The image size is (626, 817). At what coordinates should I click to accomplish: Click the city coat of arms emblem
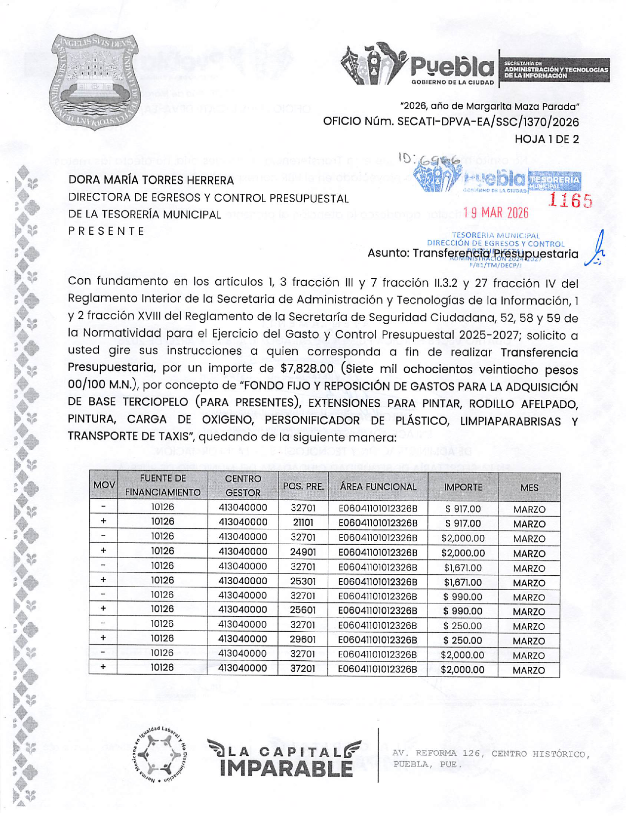tap(95, 82)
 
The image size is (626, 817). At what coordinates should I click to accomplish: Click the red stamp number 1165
tap(570, 201)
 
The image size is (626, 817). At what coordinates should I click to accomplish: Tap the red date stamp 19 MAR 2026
tap(495, 213)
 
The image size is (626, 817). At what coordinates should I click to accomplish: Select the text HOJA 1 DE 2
tap(547, 139)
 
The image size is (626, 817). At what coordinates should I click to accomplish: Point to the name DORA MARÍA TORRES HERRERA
tap(151, 180)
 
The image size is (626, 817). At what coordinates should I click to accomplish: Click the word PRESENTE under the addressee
tap(106, 231)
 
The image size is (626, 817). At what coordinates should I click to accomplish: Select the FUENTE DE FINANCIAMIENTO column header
tap(162, 485)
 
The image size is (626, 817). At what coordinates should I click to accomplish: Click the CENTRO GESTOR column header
tap(242, 485)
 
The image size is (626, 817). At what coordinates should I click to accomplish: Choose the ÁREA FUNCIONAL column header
tap(378, 487)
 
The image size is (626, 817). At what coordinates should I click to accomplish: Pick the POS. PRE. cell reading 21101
tap(303, 522)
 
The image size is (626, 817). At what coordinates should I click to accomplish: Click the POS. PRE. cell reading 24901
tap(303, 552)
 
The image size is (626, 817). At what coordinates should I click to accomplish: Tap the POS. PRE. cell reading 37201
tap(303, 669)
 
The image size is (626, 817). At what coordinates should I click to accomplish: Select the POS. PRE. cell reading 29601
tap(303, 640)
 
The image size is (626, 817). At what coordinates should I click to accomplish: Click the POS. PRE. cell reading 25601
tap(303, 610)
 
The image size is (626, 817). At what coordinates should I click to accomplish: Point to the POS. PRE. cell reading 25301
tap(303, 581)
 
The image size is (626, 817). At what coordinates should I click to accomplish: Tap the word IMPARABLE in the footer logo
tap(286, 768)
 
